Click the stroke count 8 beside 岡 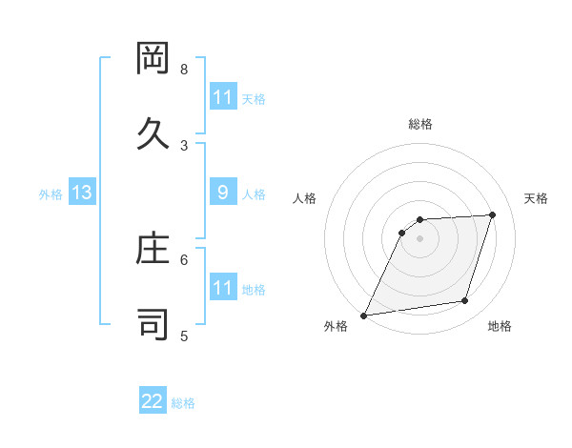[184, 70]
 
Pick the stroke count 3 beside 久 [184, 145]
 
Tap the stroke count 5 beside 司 [184, 336]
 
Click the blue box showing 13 [82, 193]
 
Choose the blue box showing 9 [222, 193]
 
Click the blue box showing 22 [153, 401]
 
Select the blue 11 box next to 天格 [222, 97]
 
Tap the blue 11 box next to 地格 [222, 288]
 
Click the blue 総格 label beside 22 [183, 403]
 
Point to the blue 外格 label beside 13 [51, 194]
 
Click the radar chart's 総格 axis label [420, 124]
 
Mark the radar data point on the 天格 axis [493, 214]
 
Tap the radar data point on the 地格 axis [465, 301]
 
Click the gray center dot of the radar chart [420, 238]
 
